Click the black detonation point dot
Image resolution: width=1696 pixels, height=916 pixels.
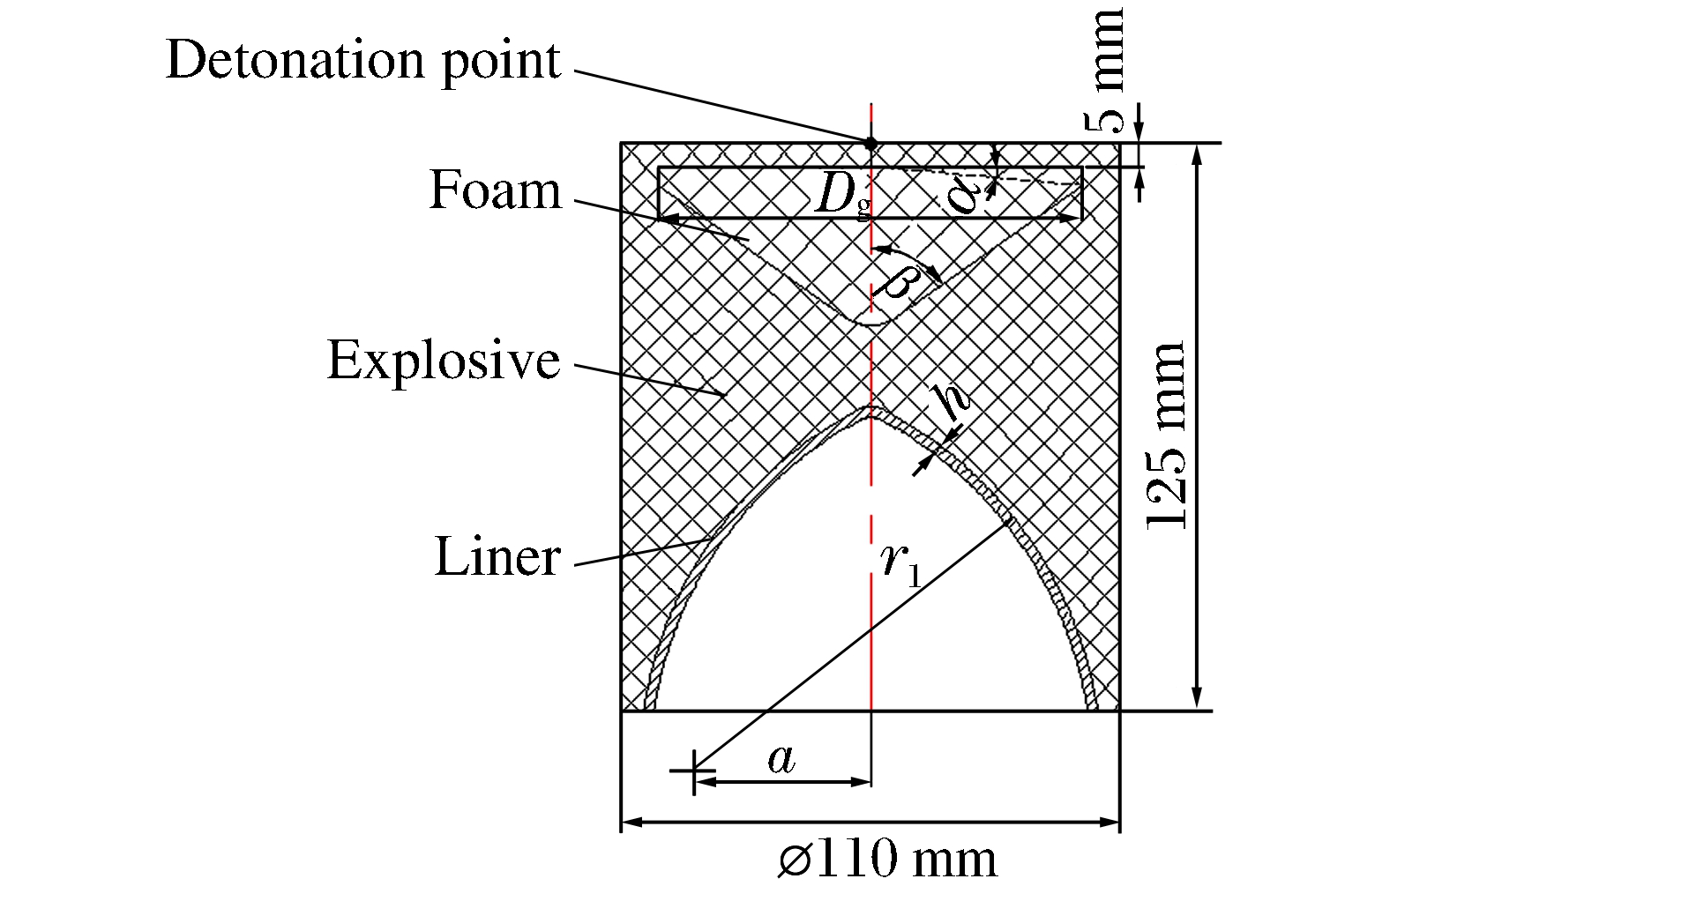click(x=870, y=142)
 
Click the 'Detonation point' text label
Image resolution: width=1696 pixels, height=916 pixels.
click(x=362, y=60)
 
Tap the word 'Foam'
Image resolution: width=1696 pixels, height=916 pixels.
click(x=495, y=190)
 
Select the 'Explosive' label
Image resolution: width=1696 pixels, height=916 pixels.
click(x=444, y=361)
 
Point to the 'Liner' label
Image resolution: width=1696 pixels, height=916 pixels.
click(x=497, y=556)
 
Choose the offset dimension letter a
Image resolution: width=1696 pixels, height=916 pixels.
click(x=781, y=759)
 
